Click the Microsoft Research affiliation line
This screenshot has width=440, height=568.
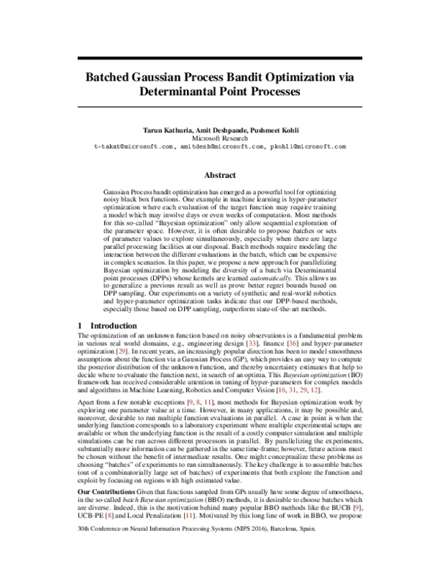pyautogui.click(x=220, y=137)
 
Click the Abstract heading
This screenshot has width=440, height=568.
pyautogui.click(x=220, y=176)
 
